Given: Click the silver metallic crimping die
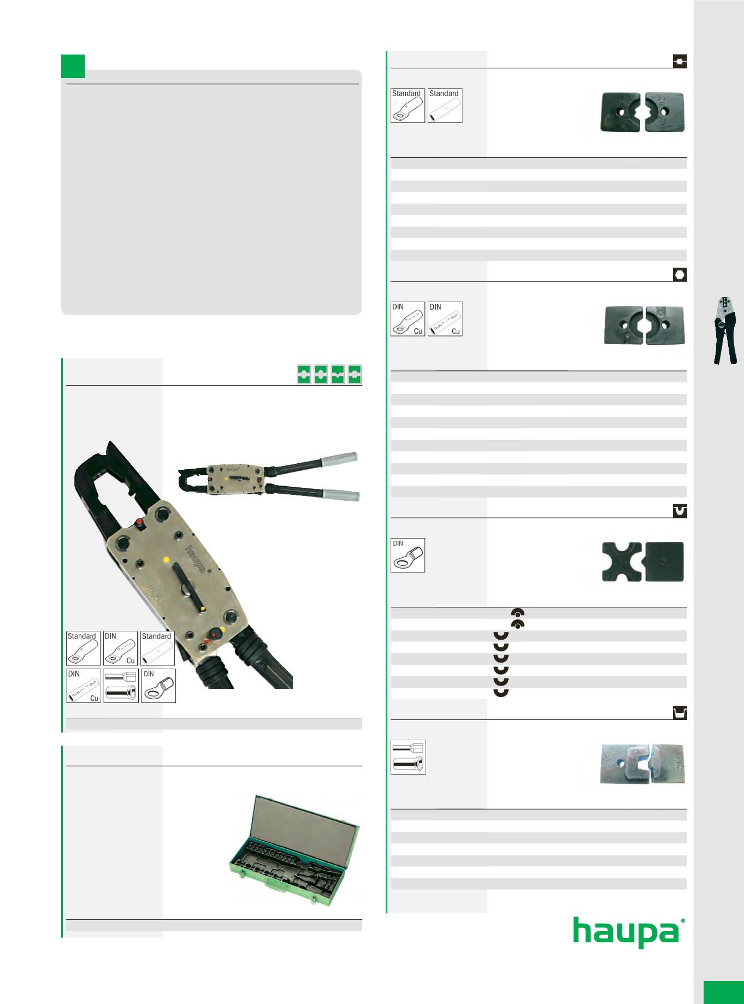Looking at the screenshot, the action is (642, 763).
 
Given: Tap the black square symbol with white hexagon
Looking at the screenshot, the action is (680, 275).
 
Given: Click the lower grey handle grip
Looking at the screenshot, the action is (342, 495).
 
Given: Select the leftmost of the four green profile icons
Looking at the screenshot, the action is (304, 374).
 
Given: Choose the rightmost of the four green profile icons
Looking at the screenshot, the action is (355, 374).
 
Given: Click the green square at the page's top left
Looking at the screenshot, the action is (73, 66).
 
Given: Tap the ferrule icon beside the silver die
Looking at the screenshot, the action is (408, 757).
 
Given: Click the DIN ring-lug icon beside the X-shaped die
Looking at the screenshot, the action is (408, 555).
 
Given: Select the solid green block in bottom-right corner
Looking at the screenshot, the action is (723, 993).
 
